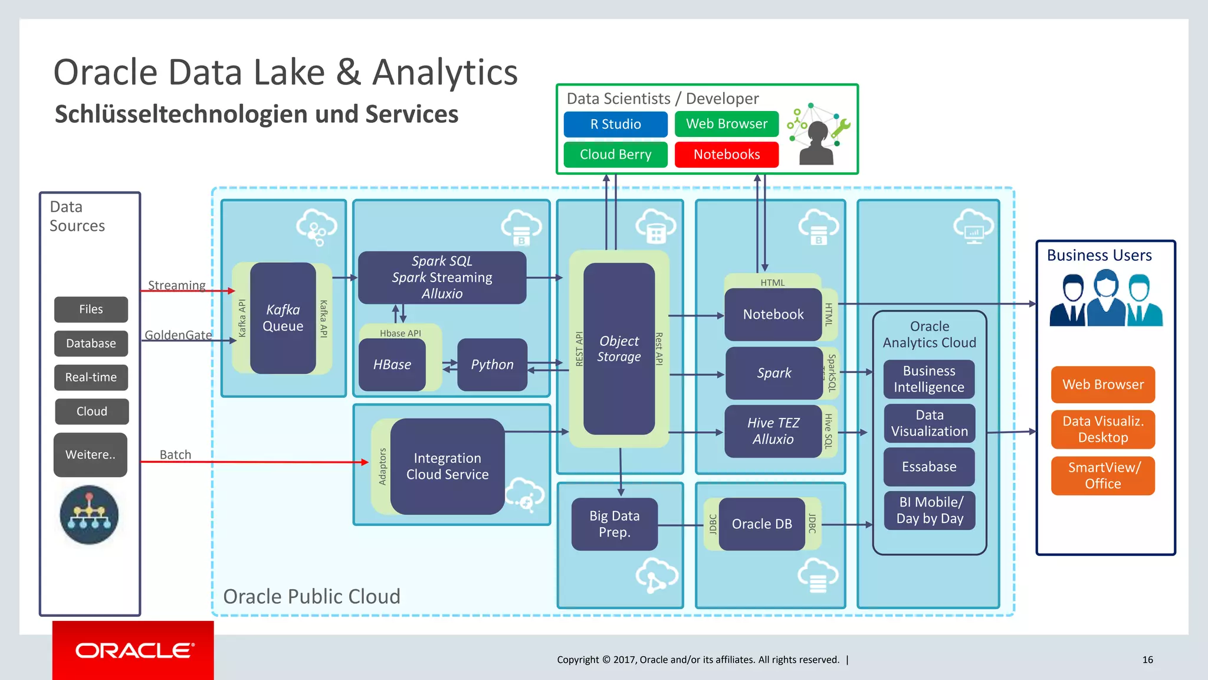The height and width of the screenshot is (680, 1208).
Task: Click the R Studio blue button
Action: click(615, 125)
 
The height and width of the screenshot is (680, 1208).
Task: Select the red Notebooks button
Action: click(726, 155)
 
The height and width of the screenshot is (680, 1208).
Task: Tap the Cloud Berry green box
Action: click(615, 155)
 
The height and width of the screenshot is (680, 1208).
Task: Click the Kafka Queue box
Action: click(283, 318)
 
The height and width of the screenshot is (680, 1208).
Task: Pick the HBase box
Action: click(392, 365)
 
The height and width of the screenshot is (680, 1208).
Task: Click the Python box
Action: click(492, 365)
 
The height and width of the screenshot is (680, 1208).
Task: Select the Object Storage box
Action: click(619, 349)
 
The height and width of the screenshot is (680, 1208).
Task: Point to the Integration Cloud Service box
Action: click(447, 466)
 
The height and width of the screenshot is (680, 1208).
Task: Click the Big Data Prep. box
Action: click(614, 524)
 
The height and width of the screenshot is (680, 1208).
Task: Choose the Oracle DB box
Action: click(761, 524)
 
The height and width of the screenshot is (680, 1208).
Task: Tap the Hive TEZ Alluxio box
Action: click(773, 431)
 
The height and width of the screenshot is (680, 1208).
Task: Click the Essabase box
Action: click(929, 467)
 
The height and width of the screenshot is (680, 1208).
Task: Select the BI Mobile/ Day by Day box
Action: click(929, 511)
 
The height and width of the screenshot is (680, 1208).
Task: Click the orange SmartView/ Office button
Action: click(1102, 476)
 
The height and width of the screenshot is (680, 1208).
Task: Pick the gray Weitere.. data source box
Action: click(90, 455)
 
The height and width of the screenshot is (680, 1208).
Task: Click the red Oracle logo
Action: click(133, 650)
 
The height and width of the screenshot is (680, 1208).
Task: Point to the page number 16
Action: click(1147, 660)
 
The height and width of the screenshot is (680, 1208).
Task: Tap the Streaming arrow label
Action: click(176, 286)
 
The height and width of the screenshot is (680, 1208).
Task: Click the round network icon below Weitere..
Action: click(89, 515)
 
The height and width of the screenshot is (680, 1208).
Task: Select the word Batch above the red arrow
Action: click(175, 455)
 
